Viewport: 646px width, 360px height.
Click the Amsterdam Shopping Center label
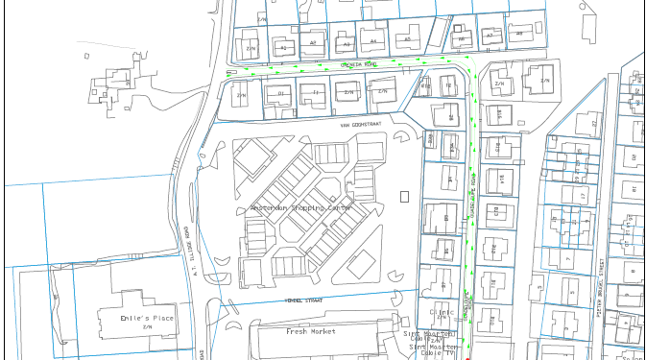301,208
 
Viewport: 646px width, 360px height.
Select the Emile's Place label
148,318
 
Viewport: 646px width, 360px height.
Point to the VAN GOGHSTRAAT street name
361,125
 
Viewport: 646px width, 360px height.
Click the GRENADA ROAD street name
360,64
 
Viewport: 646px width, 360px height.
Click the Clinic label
441,312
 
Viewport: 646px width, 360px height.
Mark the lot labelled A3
346,44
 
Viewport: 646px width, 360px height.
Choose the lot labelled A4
373,42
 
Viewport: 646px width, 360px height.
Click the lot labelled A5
407,40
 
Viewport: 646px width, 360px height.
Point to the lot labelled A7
489,36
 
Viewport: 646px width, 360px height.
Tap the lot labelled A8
519,34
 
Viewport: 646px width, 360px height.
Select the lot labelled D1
281,93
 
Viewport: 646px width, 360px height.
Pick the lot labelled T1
316,93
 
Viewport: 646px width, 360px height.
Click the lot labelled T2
448,86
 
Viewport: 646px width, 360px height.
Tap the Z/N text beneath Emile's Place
148,327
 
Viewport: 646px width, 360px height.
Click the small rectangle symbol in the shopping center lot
404,197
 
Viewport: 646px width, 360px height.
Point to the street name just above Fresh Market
305,300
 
